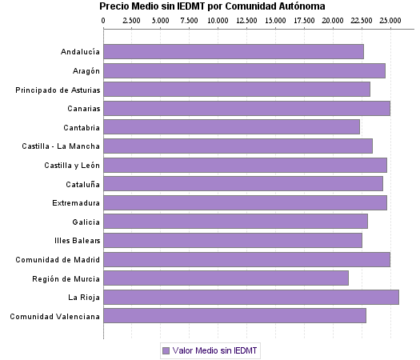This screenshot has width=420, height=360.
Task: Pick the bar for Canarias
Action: pyautogui.click(x=246, y=109)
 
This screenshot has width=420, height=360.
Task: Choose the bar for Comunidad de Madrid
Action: pyautogui.click(x=246, y=259)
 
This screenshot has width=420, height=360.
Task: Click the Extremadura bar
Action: pyautogui.click(x=245, y=203)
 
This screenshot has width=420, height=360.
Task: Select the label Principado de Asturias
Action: pyautogui.click(x=58, y=90)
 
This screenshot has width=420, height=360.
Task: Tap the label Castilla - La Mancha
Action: pyautogui.click(x=61, y=146)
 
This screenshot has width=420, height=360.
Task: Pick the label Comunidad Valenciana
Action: pyautogui.click(x=54, y=317)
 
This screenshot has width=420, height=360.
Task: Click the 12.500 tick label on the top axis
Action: pyautogui.click(x=246, y=18)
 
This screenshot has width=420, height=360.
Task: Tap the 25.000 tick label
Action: pyautogui.click(x=390, y=18)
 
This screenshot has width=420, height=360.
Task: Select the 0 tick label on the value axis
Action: pyautogui.click(x=104, y=18)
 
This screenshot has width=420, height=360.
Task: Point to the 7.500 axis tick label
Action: pyautogui.click(x=190, y=18)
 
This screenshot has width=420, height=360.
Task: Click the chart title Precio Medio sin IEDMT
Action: pyautogui.click(x=212, y=6)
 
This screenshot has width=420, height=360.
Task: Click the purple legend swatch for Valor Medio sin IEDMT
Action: pyautogui.click(x=166, y=350)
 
